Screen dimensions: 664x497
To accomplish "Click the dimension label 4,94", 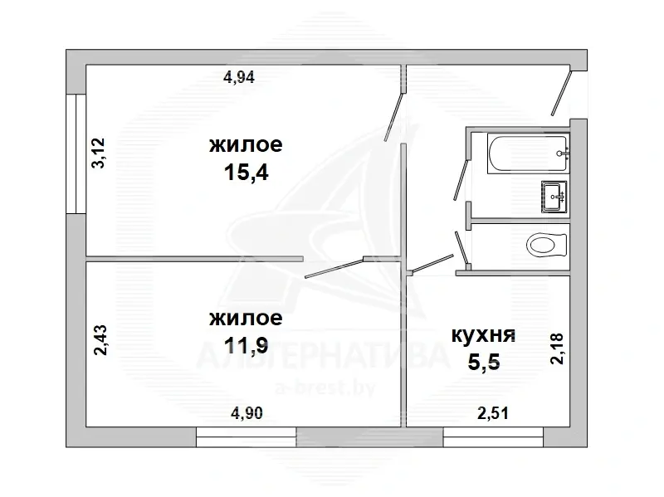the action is click(239, 77).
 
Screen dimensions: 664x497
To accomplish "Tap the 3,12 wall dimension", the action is click(99, 153).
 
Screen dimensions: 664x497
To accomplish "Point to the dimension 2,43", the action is click(100, 340).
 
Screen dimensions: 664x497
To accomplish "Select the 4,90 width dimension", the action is click(247, 412).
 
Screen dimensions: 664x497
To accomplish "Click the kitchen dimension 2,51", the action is click(493, 412).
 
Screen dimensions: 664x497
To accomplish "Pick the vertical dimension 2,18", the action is click(557, 348).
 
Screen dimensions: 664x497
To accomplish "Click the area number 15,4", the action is click(246, 173).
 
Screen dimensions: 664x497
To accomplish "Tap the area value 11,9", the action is click(246, 345).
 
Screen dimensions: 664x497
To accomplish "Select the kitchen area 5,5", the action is click(484, 362).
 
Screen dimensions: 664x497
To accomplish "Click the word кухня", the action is click(484, 335).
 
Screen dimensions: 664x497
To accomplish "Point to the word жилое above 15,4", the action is click(246, 144).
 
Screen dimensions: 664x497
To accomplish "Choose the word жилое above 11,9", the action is click(246, 318).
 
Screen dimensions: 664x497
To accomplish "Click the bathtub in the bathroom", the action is click(527, 153).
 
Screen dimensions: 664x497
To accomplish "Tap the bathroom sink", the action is click(554, 197).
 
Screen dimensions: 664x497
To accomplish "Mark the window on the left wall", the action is click(76, 153).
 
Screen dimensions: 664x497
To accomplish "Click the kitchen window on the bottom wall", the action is click(493, 437).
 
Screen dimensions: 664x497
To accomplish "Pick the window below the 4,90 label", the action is click(246, 437).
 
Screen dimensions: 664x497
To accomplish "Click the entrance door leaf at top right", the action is click(562, 93).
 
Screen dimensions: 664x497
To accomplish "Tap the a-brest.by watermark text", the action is click(325, 387).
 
